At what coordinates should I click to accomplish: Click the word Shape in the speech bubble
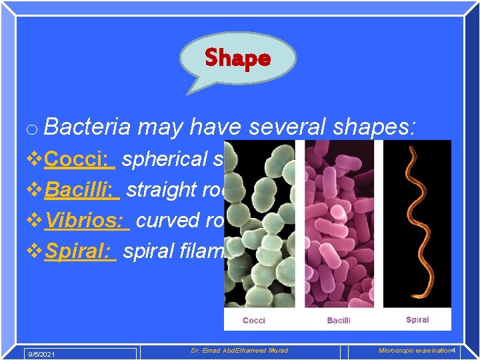[237, 58]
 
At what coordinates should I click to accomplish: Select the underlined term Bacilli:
[82, 189]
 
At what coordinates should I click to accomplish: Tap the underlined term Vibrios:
[87, 220]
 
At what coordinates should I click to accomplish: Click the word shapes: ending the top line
[380, 127]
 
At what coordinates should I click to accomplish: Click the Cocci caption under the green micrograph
[253, 321]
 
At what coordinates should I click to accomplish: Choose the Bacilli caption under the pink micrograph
[339, 321]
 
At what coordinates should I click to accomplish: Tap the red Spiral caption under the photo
[417, 320]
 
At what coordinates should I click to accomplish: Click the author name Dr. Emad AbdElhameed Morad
[239, 351]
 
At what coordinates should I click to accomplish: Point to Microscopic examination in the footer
[413, 351]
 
